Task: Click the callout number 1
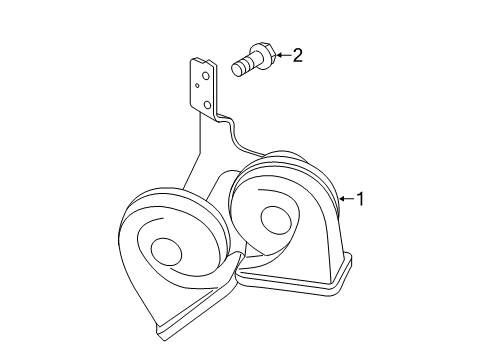[x=361, y=200]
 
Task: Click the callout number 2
[x=297, y=55]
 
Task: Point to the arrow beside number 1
[x=346, y=200]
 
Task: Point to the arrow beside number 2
[x=280, y=55]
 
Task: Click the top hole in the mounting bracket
[x=205, y=74]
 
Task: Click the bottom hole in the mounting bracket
[x=206, y=103]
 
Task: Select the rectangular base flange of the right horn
[x=300, y=283]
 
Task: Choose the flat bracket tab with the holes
[x=202, y=88]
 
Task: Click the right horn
[x=285, y=225]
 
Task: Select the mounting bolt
[x=249, y=59]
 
